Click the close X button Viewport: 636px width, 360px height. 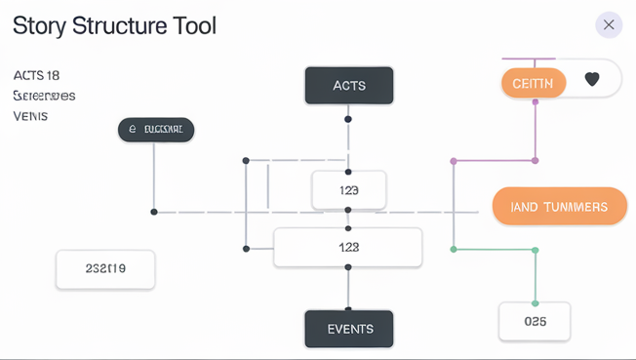click(x=609, y=25)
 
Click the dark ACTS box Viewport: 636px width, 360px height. click(x=348, y=86)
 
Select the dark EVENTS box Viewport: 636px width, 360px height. click(x=348, y=329)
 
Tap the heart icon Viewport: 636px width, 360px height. click(x=592, y=80)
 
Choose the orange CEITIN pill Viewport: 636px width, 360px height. click(x=534, y=83)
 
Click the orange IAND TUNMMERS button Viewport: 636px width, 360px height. click(x=559, y=207)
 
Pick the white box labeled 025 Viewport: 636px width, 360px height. click(x=535, y=321)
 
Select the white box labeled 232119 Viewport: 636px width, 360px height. click(x=105, y=268)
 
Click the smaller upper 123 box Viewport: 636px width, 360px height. click(x=348, y=190)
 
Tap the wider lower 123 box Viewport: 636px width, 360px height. click(x=348, y=248)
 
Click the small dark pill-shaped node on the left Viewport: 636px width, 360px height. click(x=156, y=129)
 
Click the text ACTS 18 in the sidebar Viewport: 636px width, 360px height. click(x=37, y=75)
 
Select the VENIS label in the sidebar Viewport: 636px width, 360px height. click(x=30, y=116)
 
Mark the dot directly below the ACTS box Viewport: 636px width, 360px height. click(x=348, y=119)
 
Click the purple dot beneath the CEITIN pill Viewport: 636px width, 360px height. click(x=536, y=160)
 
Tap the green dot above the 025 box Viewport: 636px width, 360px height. click(x=536, y=250)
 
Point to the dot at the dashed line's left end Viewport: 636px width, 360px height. click(x=154, y=212)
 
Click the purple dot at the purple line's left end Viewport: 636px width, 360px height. click(x=453, y=160)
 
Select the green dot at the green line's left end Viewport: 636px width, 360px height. click(x=453, y=250)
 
